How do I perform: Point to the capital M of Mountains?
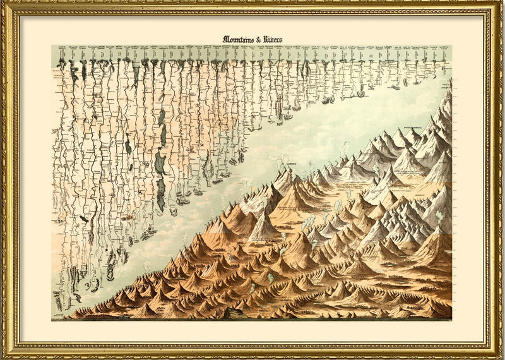pyautogui.click(x=225, y=39)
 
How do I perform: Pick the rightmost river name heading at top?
pyautogui.click(x=447, y=54)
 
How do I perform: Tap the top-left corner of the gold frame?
pyautogui.click(x=4, y=4)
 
